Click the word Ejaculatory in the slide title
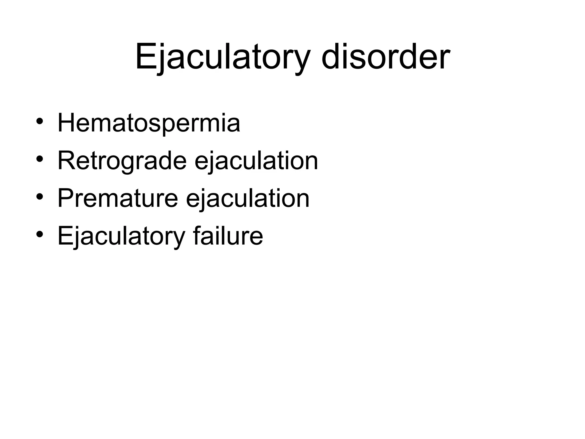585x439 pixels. (x=223, y=57)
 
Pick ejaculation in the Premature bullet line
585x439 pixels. (x=248, y=199)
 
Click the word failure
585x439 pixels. (x=228, y=236)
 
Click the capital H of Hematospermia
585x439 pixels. (x=66, y=123)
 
